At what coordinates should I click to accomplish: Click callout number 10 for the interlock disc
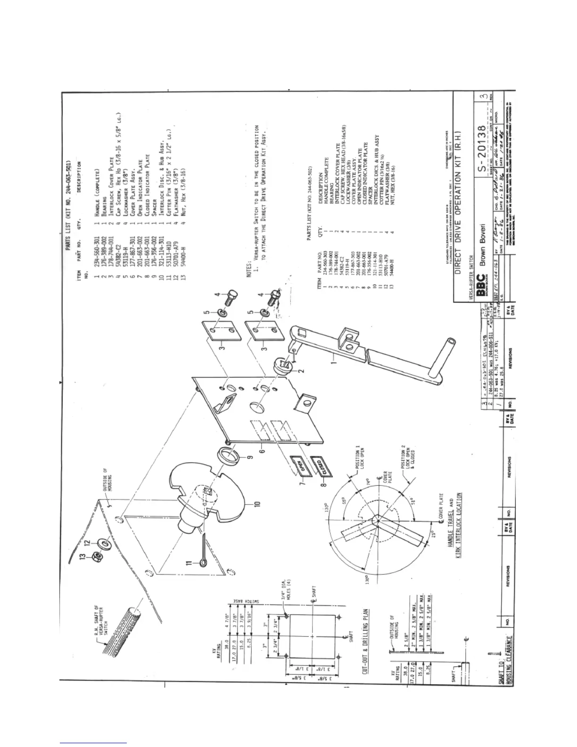257,504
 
